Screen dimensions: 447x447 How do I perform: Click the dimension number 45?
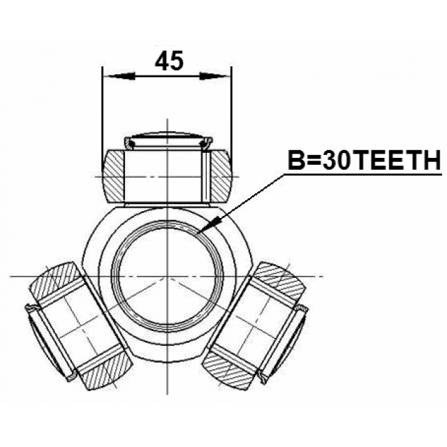pos(169,61)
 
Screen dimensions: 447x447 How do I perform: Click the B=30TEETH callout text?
pos(365,160)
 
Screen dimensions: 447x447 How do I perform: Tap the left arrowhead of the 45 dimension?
pos(119,76)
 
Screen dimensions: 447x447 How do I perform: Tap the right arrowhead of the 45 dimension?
pos(214,76)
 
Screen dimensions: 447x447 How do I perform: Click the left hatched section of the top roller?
pos(114,177)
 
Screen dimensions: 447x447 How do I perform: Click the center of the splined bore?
pos(168,277)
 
